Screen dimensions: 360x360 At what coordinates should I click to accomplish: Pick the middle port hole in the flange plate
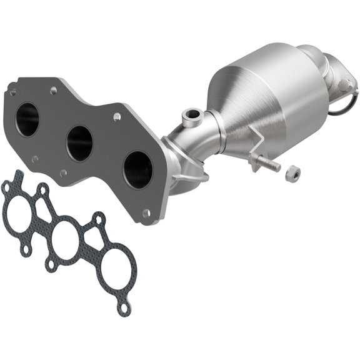(x=79, y=142)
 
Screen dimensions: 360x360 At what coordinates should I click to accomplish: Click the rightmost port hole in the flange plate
(x=137, y=168)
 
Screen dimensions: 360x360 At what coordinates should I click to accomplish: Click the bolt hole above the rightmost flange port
(x=116, y=117)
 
